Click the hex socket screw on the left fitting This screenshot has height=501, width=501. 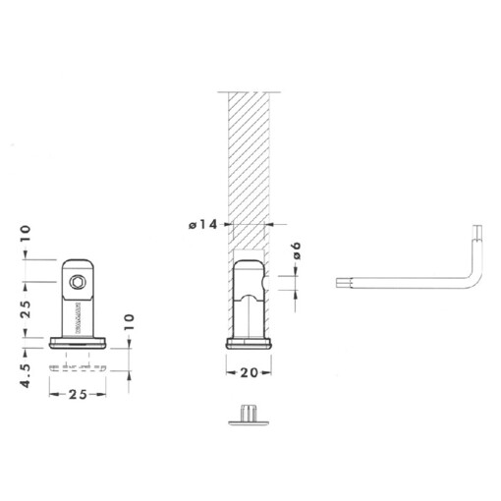tap(77, 282)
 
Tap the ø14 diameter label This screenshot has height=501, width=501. tap(202, 225)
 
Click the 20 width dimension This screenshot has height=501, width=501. tap(250, 372)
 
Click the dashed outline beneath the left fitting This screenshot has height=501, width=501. tap(78, 367)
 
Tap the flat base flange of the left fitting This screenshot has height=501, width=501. tap(78, 343)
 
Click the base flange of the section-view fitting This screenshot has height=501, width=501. tap(250, 343)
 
